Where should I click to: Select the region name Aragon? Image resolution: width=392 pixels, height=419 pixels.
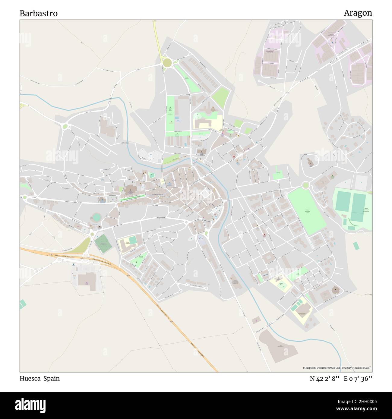pyautogui.click(x=358, y=13)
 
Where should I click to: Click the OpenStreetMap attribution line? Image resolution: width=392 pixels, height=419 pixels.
pyautogui.click(x=337, y=368)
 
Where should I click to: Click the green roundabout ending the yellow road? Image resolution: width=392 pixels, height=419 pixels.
pyautogui.click(x=167, y=63)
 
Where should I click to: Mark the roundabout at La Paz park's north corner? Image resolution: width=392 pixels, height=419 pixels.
pyautogui.click(x=305, y=185)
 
